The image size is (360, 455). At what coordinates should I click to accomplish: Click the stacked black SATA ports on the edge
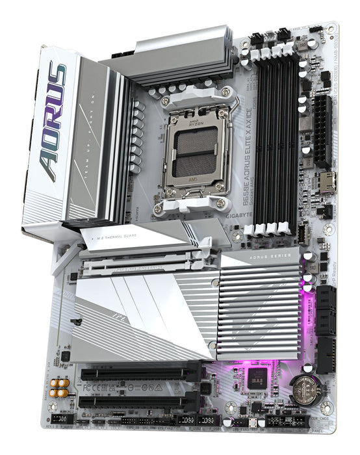point(326,325)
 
